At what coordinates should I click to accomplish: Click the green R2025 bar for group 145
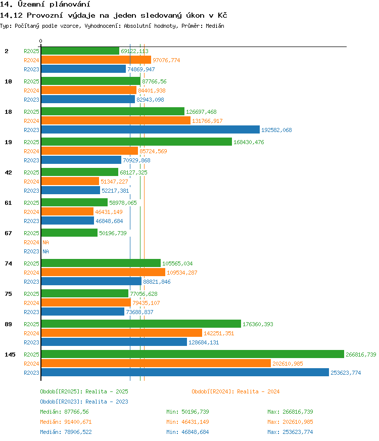click(193, 354)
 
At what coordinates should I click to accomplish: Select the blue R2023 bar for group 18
click(150, 129)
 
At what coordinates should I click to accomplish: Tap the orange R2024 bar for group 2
click(96, 60)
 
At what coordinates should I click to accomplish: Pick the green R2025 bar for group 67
click(69, 233)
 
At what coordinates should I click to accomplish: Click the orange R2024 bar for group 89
click(122, 333)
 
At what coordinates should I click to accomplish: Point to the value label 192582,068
click(276, 130)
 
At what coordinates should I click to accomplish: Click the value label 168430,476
click(249, 142)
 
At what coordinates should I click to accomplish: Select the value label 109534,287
click(182, 273)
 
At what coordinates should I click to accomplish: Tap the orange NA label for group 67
click(45, 242)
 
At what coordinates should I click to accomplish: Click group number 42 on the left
click(9, 172)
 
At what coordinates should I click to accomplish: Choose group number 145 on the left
click(10, 355)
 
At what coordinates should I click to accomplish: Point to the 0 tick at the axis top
click(41, 41)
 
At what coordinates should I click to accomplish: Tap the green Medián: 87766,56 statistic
click(64, 412)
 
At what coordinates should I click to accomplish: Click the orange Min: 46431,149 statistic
click(187, 422)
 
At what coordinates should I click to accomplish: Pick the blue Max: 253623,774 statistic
click(290, 432)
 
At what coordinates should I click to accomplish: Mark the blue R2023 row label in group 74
click(31, 282)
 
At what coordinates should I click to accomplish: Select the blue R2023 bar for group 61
click(67, 221)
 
